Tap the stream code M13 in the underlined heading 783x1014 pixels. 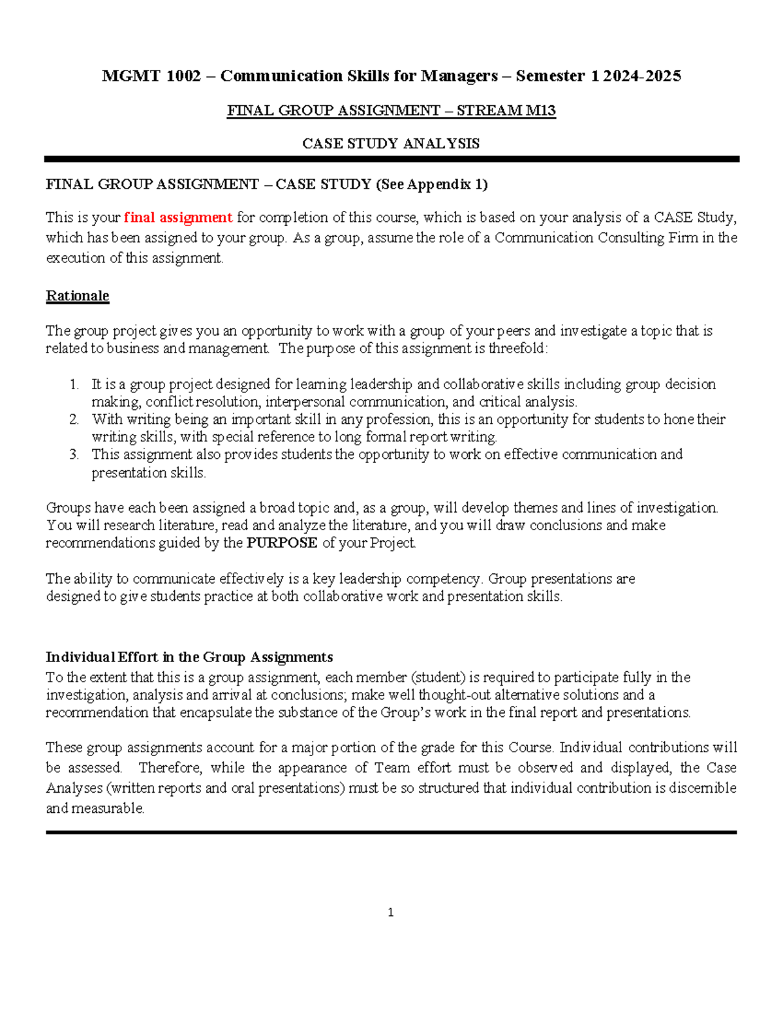point(540,110)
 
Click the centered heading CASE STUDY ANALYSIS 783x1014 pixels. point(391,144)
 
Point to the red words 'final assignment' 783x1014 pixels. point(178,217)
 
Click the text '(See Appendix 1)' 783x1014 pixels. point(431,185)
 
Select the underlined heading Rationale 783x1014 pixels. point(77,296)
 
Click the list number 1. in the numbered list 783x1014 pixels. point(74,384)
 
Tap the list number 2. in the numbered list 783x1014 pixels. point(74,419)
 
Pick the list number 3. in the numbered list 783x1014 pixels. point(74,454)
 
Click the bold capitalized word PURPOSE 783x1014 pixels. point(282,543)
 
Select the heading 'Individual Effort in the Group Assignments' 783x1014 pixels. point(189,657)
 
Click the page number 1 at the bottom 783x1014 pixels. point(390,913)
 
